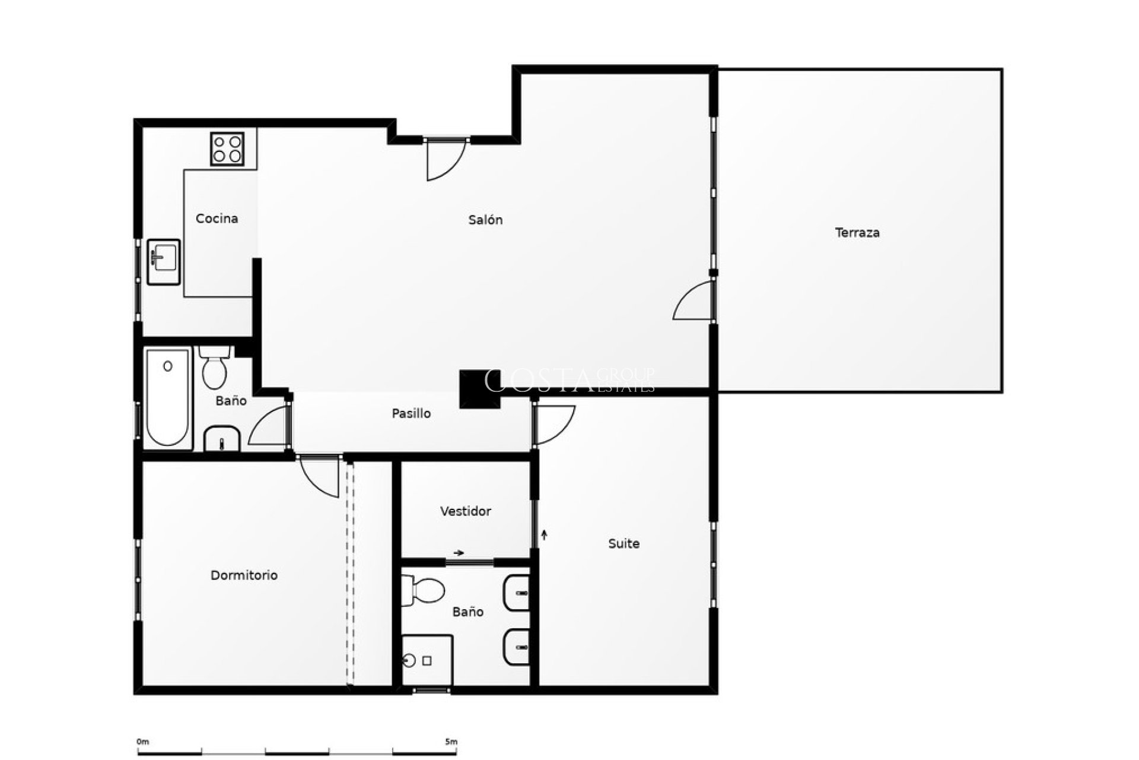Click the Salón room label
(x=485, y=220)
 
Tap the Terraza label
(x=857, y=233)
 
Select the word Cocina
(x=217, y=219)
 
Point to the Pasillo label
(x=411, y=414)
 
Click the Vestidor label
(x=466, y=511)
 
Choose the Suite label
(x=623, y=543)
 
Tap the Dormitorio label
(x=244, y=575)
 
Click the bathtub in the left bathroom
(x=167, y=397)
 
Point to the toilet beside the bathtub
(x=214, y=368)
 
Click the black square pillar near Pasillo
(x=479, y=389)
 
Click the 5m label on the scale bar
(x=451, y=742)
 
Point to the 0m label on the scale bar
(x=142, y=742)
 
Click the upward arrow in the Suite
(x=544, y=534)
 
